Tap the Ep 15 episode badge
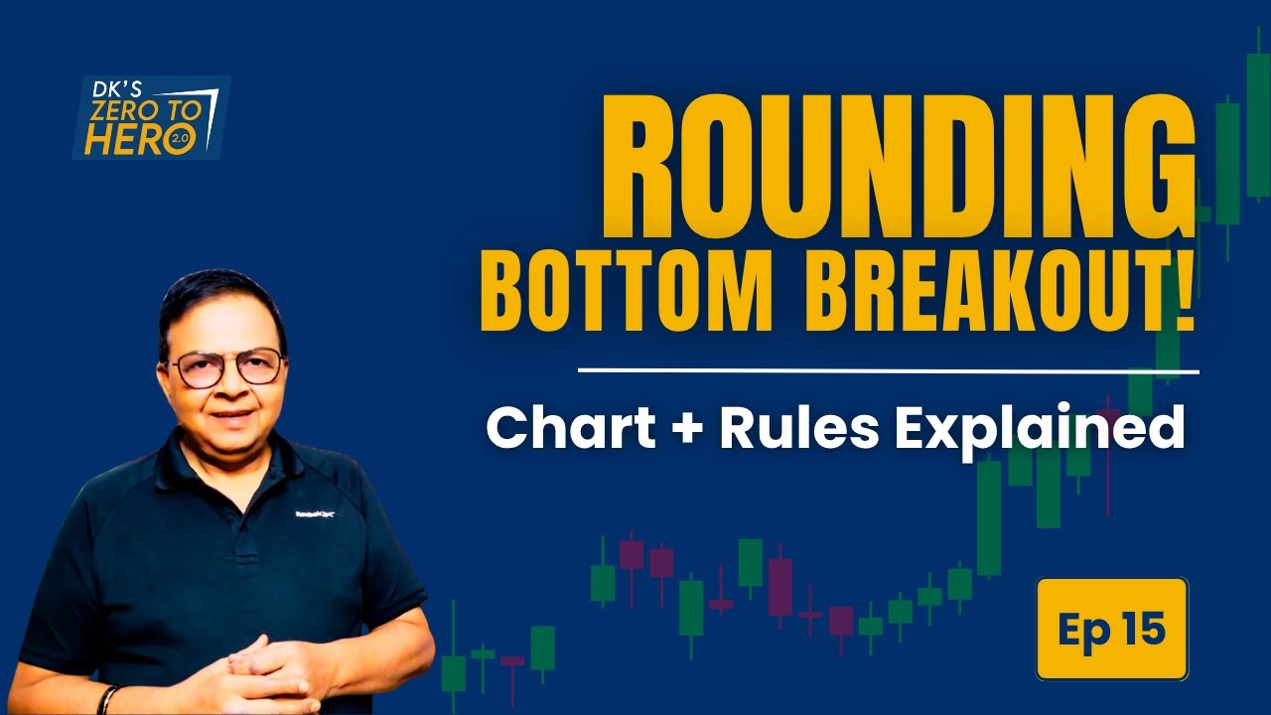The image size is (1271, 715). click(1111, 629)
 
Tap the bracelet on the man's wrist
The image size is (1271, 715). click(107, 697)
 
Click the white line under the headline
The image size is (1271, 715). click(888, 371)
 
